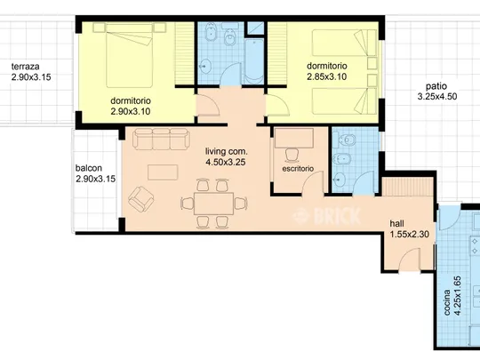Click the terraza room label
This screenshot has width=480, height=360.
26,67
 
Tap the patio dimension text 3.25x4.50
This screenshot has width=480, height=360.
437,96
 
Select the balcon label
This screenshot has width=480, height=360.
89,168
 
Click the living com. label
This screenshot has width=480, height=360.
227,151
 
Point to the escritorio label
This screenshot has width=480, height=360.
298,169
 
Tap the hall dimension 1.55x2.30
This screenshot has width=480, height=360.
409,235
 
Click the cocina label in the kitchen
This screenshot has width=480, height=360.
447,302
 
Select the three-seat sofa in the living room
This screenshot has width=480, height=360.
161,139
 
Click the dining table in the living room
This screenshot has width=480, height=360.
214,204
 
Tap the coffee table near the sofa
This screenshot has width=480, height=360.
163,172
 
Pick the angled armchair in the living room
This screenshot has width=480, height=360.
140,199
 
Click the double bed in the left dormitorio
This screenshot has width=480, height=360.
129,55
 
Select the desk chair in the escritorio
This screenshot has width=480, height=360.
293,155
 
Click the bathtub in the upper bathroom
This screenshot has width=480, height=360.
254,61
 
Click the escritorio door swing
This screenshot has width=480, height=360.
313,182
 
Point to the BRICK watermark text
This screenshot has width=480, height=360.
327,216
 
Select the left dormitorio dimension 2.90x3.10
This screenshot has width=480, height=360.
131,111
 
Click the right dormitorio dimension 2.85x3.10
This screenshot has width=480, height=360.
326,76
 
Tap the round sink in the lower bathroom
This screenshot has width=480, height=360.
339,180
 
